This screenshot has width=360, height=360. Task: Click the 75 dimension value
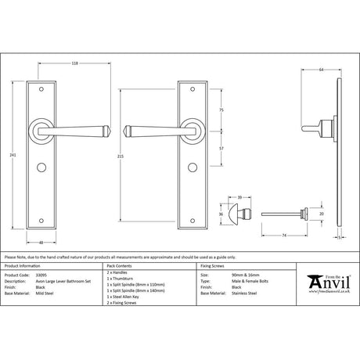222,110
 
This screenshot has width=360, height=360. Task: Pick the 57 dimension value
222,146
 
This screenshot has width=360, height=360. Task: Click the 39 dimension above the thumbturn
239,199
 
